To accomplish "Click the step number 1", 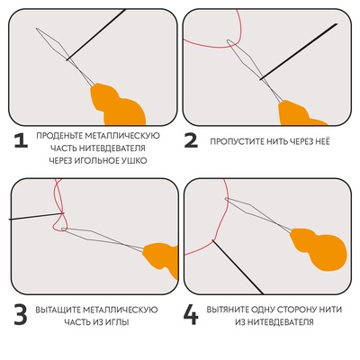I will (x=19, y=140).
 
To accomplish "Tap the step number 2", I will (x=191, y=140).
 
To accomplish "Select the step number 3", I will (x=19, y=315).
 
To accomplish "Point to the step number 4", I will (x=191, y=315).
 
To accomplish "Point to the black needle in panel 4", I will (x=238, y=265).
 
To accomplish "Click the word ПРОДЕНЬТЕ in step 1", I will (x=62, y=135).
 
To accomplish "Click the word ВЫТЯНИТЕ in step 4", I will (x=232, y=310).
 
